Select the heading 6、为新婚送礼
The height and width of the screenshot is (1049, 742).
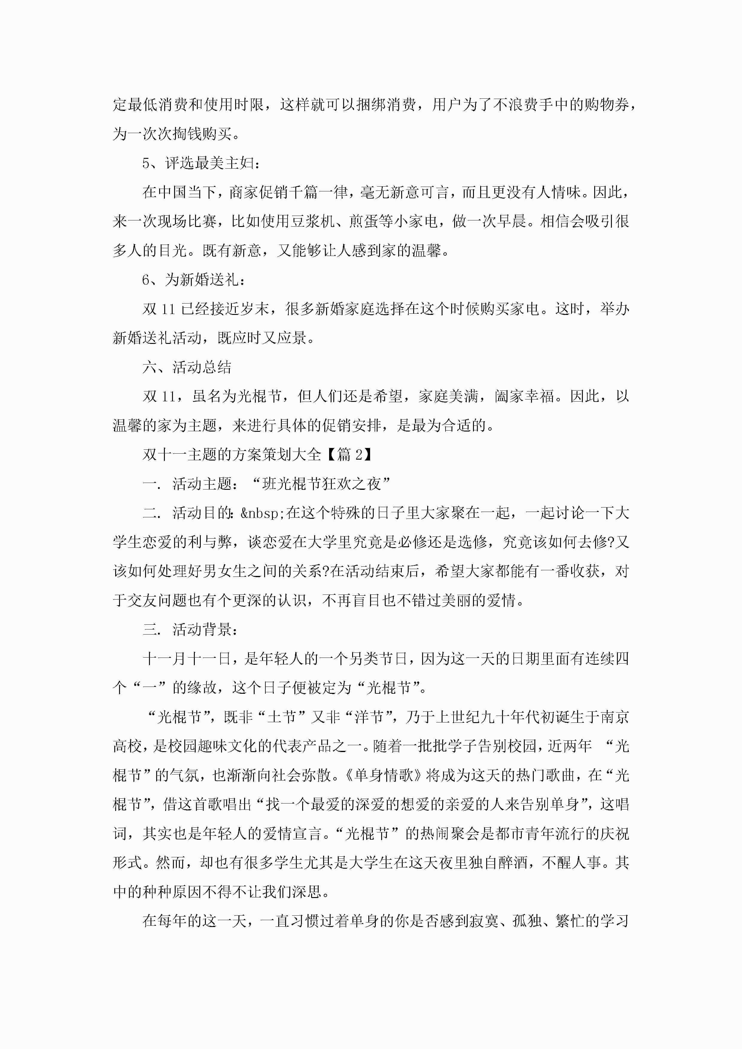pos(194,280)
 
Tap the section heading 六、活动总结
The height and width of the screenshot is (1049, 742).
pos(187,367)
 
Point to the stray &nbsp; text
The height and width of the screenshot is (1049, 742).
pos(263,513)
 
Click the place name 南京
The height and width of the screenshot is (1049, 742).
pos(615,717)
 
